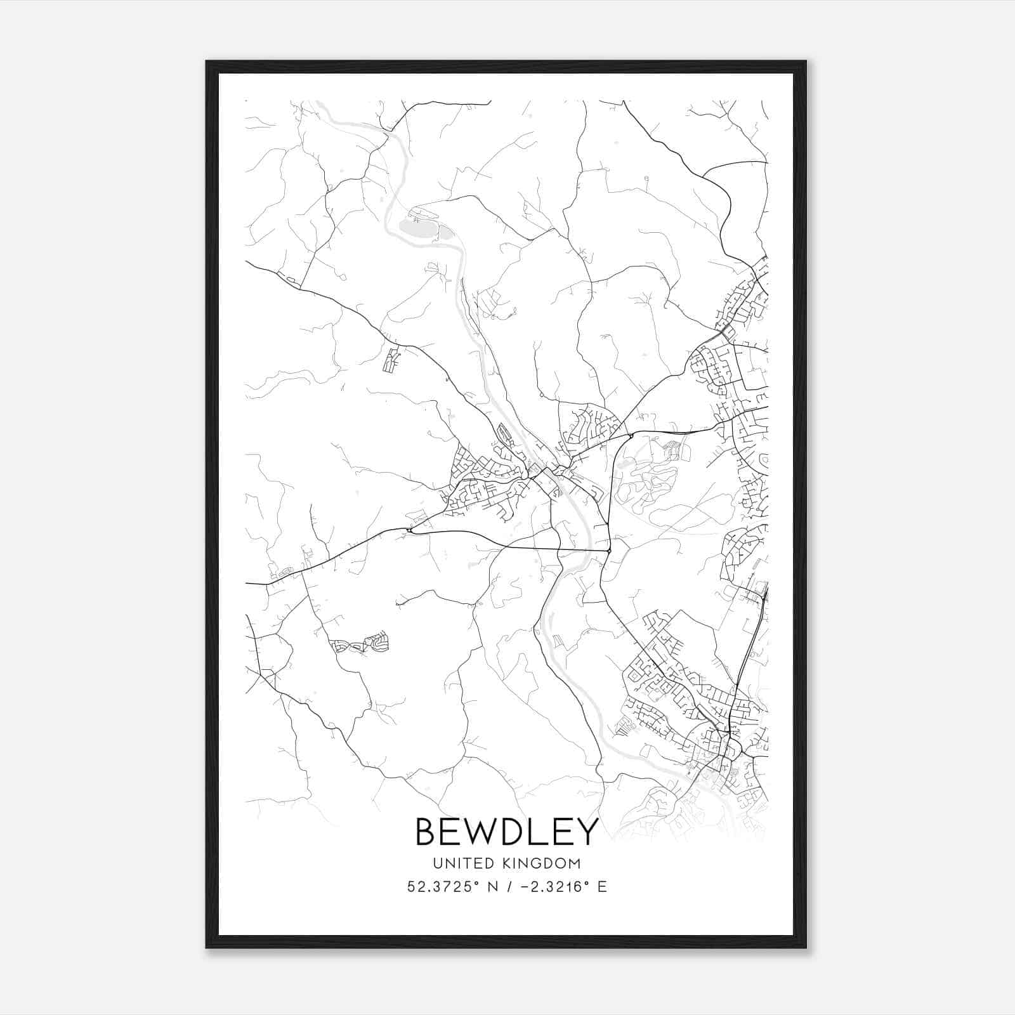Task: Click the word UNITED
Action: tap(463, 863)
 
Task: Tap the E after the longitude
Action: tap(602, 887)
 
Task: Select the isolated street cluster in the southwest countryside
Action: tap(360, 645)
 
